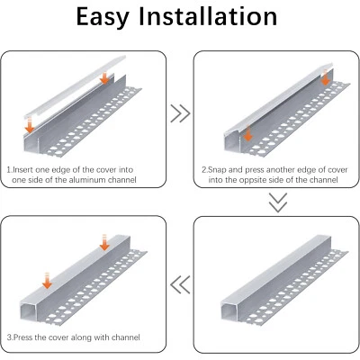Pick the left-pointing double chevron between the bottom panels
coord(180,285)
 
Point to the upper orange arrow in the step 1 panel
coord(106,78)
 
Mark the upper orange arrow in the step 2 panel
coord(325,79)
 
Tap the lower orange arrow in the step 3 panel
coord(47,282)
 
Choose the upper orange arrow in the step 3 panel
coord(104,241)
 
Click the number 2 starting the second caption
coord(203,169)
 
